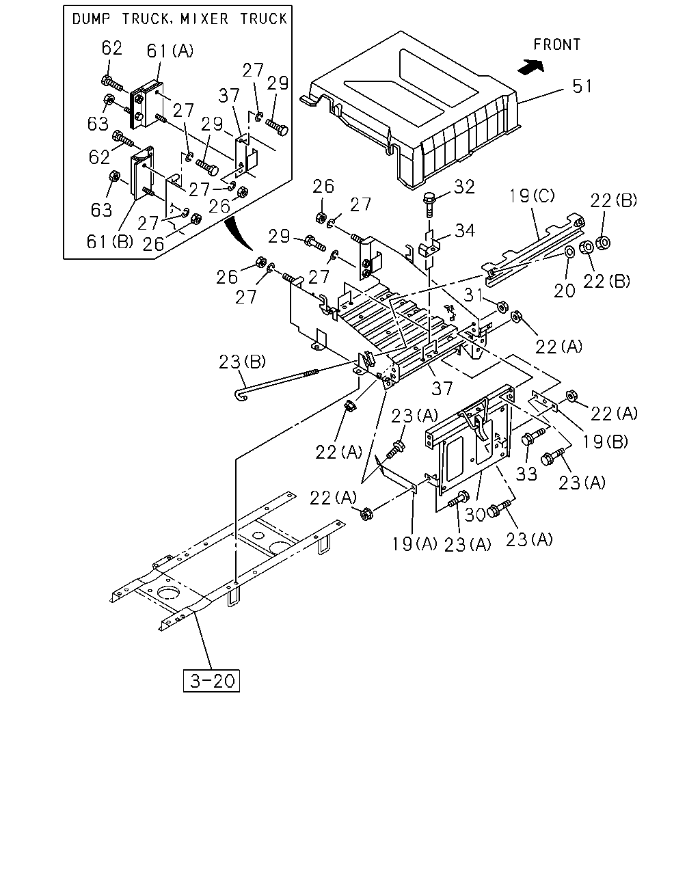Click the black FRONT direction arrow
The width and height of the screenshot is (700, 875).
coord(530,67)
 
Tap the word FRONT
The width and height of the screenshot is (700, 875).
coord(557,44)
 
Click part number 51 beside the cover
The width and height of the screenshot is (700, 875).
coord(582,86)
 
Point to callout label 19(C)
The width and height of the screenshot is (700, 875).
coord(532,196)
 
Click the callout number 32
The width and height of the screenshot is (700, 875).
coord(464,187)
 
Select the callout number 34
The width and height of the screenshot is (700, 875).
coord(465,230)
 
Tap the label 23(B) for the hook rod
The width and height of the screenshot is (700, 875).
coord(243,362)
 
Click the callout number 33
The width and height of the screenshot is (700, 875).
coord(526,474)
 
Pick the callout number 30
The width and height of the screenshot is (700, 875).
coord(475,514)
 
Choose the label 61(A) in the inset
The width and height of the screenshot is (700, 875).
coord(170,51)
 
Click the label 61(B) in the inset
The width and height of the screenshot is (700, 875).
coord(110,241)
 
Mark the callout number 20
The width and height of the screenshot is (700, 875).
coord(564,291)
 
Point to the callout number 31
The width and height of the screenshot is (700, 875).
coord(473,295)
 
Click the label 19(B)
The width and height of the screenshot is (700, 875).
coord(605,441)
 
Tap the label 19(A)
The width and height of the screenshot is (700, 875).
coord(414,543)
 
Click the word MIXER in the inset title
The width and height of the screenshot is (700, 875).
coord(204,18)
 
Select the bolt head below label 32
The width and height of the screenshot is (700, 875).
coord(429,199)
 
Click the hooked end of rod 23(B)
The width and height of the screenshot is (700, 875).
coord(241,395)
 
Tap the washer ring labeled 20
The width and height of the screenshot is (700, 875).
coord(570,252)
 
